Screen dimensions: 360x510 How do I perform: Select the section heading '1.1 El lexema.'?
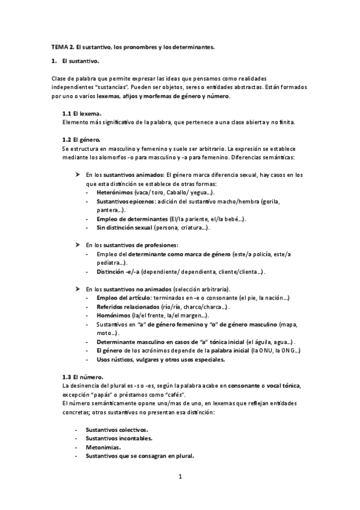pos(82,114)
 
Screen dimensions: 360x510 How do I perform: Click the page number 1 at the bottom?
pos(180,477)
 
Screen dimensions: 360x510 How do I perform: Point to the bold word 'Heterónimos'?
pos(115,192)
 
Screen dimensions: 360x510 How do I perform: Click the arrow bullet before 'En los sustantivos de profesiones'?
pos(78,245)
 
